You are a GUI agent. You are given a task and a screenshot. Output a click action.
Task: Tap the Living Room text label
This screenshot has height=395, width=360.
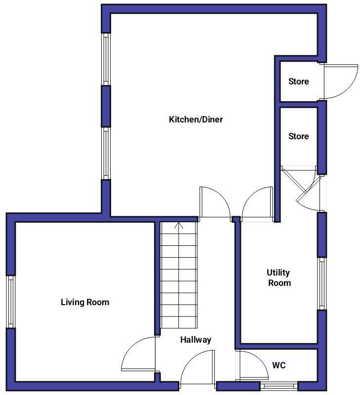click(x=85, y=302)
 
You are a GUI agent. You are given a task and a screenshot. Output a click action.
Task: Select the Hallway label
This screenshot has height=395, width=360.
click(x=196, y=340)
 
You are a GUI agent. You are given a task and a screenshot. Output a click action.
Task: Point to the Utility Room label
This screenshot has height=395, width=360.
click(x=279, y=278)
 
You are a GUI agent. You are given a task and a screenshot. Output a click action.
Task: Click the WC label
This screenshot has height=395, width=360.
click(x=279, y=366)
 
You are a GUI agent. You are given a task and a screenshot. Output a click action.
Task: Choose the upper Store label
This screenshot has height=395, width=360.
click(x=298, y=81)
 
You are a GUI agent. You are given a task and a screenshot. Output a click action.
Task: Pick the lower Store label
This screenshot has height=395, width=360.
click(x=298, y=136)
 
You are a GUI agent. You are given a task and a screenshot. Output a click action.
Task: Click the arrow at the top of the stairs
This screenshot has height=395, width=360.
click(x=179, y=226)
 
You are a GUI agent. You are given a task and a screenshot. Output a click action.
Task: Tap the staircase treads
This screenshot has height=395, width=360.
click(x=179, y=276)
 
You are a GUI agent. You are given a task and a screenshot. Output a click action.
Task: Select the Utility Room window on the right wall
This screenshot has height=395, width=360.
click(x=321, y=283)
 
